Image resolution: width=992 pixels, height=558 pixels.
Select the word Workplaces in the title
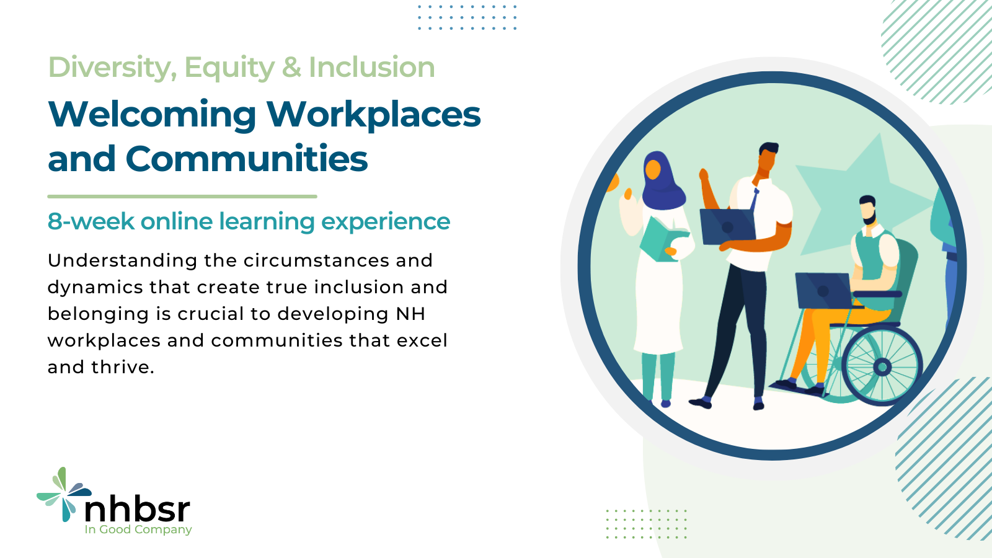(373, 115)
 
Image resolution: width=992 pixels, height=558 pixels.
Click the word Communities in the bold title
(246, 159)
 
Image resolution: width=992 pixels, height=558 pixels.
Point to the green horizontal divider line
(182, 197)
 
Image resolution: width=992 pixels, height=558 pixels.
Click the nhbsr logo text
(137, 509)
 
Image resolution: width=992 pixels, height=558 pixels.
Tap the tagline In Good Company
(138, 529)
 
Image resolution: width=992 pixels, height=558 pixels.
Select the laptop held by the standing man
(727, 226)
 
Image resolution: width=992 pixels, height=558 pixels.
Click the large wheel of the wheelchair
(881, 366)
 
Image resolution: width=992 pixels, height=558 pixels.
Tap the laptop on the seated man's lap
(823, 290)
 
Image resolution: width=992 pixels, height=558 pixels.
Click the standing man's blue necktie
(754, 200)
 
